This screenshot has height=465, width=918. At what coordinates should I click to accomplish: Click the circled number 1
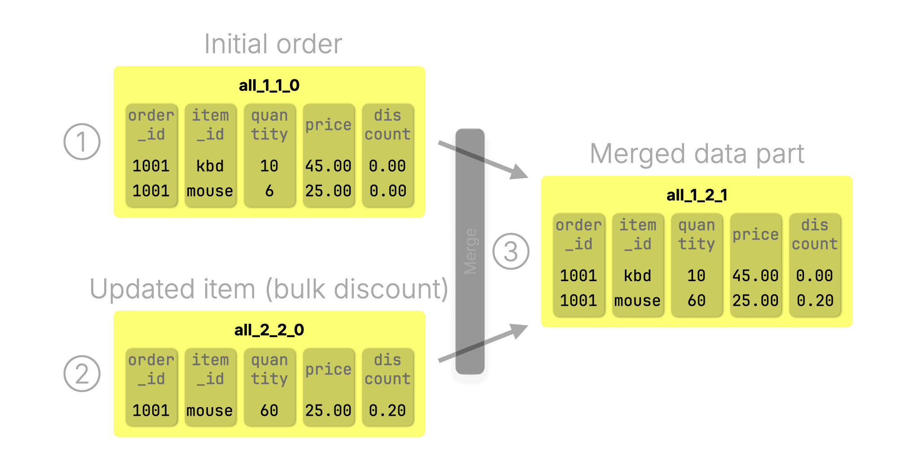coord(82,142)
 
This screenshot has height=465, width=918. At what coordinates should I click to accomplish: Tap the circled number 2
coord(82,374)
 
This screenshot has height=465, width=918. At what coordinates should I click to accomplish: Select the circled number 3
coord(511,251)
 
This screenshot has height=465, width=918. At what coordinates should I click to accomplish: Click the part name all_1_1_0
coord(269,85)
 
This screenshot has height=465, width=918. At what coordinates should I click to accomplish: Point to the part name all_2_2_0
coord(269,330)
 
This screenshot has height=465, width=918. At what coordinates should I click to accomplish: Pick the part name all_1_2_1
coord(697,195)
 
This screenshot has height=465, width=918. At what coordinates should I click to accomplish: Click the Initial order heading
coord(273,44)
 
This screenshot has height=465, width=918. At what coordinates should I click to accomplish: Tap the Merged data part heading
coord(697,154)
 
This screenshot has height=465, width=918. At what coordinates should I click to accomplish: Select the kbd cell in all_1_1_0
coord(210,166)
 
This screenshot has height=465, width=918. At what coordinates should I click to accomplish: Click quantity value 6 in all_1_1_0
coord(269,191)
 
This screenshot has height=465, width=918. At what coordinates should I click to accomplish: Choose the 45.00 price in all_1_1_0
coord(328,166)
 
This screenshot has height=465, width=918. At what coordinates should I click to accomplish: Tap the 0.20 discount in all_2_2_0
coord(387,410)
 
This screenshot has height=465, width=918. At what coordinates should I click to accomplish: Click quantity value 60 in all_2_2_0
coord(269,410)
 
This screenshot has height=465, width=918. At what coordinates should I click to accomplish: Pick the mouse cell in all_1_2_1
coord(637,300)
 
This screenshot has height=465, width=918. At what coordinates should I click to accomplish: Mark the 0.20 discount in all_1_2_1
coord(815,300)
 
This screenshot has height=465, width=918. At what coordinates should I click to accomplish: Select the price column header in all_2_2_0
coord(328,369)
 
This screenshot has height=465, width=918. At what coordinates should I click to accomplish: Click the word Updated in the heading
coord(143,289)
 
